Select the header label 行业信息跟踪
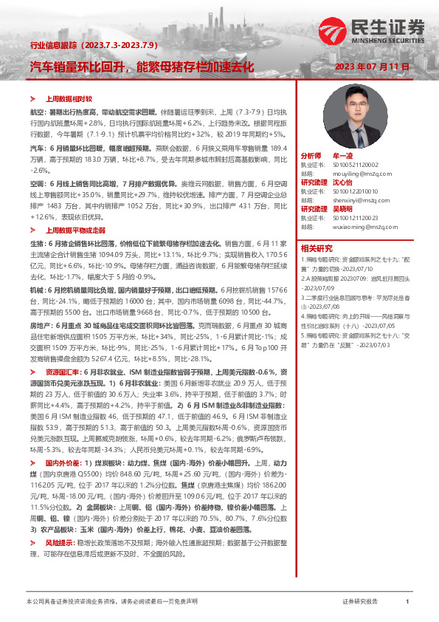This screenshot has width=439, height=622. [47, 46]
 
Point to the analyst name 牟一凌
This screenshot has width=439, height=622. [343, 157]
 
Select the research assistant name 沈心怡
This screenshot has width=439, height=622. [343, 181]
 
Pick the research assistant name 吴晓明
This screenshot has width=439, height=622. [343, 207]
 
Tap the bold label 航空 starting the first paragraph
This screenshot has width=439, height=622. [36, 110]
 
